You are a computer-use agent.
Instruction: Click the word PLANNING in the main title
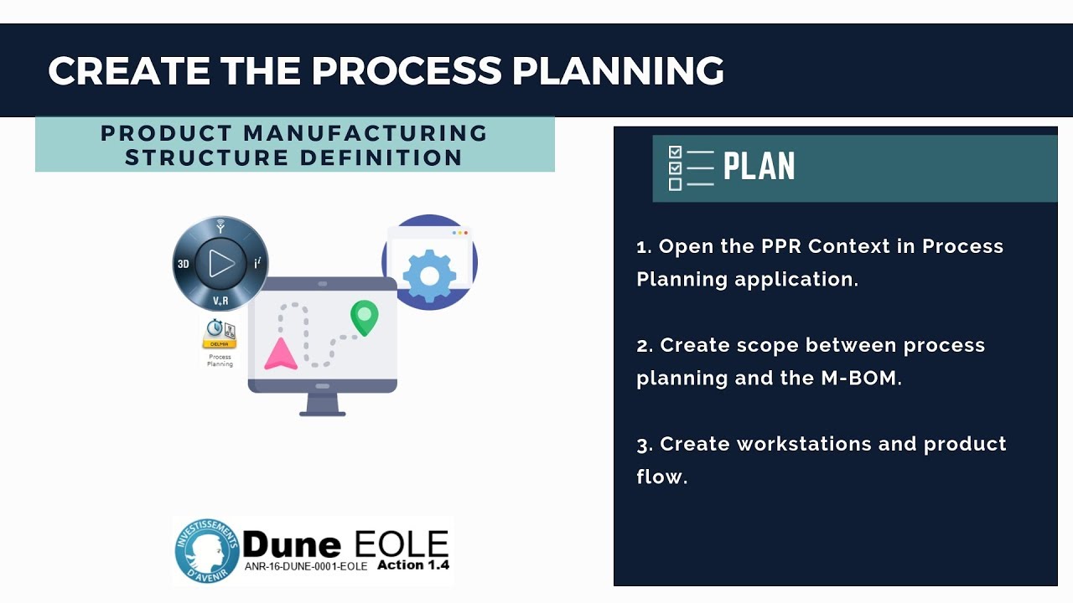(618, 71)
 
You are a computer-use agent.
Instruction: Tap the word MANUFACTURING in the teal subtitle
(366, 133)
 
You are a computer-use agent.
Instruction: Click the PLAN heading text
(759, 167)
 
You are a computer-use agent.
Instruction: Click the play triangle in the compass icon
(221, 263)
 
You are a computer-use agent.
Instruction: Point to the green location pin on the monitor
(364, 317)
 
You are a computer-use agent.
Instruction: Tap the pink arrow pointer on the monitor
(281, 354)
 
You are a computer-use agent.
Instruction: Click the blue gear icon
(429, 273)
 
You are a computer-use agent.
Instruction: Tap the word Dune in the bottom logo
(292, 545)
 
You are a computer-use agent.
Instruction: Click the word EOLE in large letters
(402, 544)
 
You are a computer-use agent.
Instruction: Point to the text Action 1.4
(413, 565)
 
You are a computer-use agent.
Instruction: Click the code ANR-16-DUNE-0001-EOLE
(306, 567)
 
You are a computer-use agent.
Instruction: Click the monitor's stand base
(323, 411)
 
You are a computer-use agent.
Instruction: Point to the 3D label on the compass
(184, 264)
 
